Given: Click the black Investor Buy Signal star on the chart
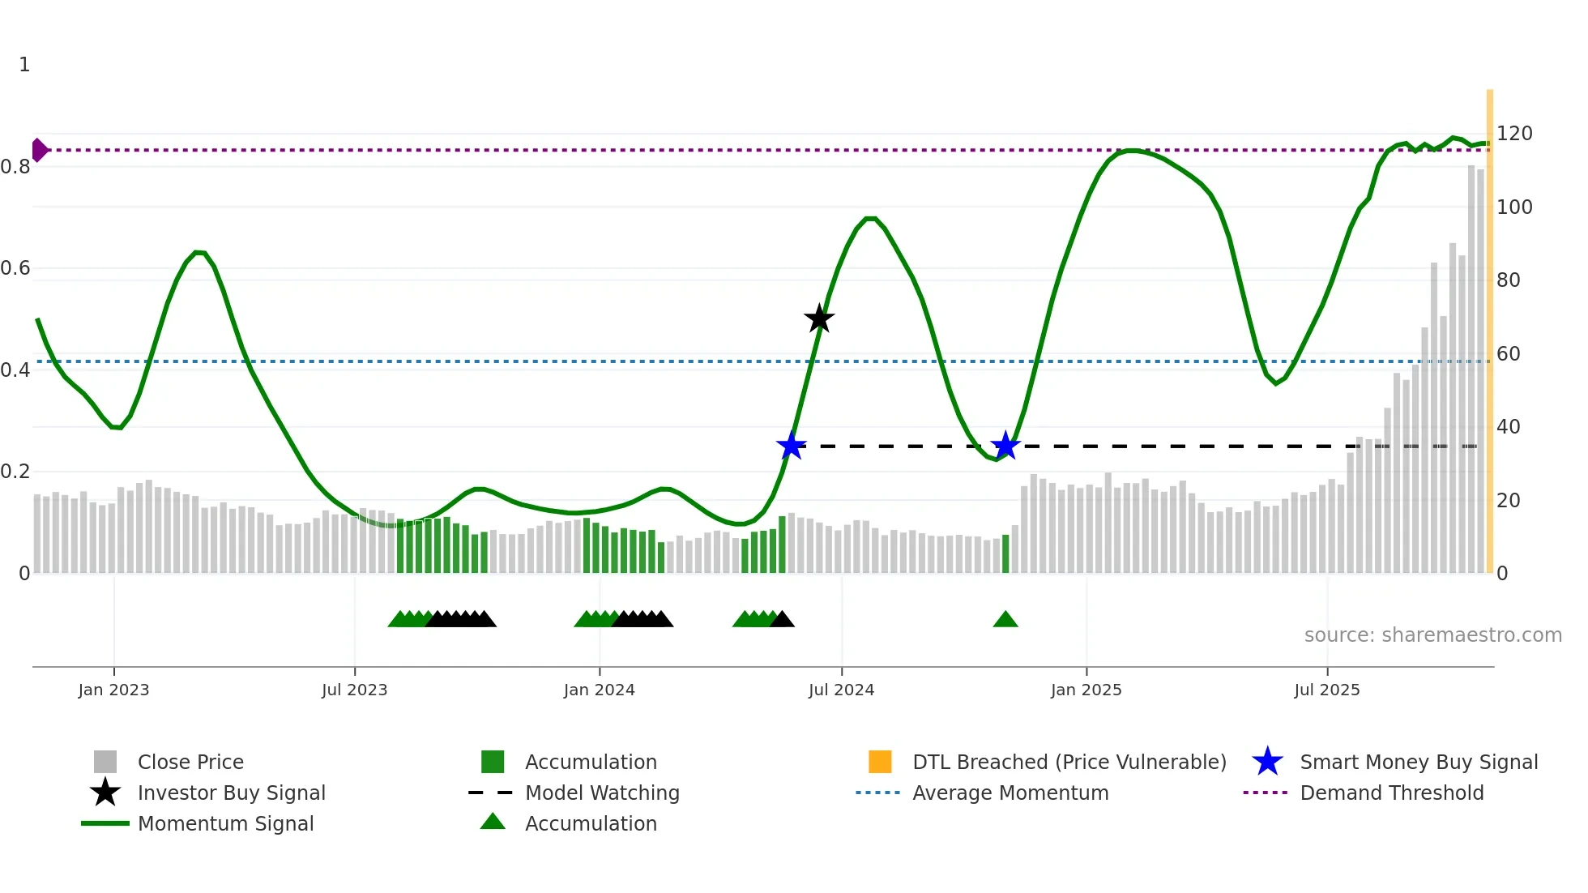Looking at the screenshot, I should [x=819, y=318].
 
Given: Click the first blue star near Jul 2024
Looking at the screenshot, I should [x=791, y=446].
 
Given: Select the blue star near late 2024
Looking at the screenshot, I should [x=1005, y=446].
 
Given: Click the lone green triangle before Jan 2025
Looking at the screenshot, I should [x=1005, y=620].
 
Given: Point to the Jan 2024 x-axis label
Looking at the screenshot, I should [x=599, y=690].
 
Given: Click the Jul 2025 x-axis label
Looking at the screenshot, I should [x=1326, y=690].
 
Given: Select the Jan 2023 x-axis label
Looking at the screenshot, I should [x=113, y=690].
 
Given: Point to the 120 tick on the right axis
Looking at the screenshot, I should [x=1513, y=134].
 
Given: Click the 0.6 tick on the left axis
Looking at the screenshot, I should [x=15, y=268].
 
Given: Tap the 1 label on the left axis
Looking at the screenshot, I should [x=24, y=65].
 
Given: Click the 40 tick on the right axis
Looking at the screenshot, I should [x=1508, y=427].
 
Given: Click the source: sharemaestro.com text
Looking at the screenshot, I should [x=1432, y=635].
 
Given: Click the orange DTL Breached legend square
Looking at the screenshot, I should [x=880, y=762].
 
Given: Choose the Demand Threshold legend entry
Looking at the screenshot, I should [x=1391, y=793].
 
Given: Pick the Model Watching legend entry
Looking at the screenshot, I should [x=601, y=793].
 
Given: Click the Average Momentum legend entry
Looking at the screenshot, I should [x=1010, y=793].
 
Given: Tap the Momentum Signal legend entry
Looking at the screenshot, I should [x=225, y=823].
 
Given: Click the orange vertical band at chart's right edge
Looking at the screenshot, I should [x=1489, y=324].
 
